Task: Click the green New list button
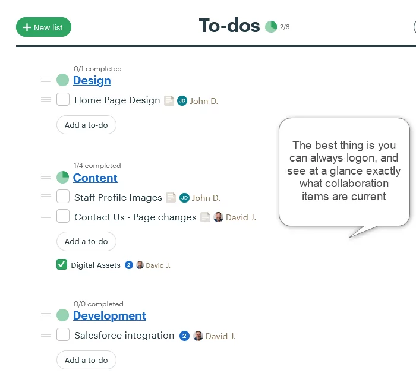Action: pyautogui.click(x=43, y=27)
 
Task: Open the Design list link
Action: pyautogui.click(x=92, y=80)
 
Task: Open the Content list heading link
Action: pyautogui.click(x=95, y=178)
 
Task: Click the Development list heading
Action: pyautogui.click(x=109, y=315)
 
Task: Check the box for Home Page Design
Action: pyautogui.click(x=63, y=99)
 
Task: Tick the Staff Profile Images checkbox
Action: pyautogui.click(x=63, y=196)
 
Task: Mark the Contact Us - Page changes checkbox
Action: pyautogui.click(x=63, y=216)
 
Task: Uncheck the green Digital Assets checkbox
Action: pyautogui.click(x=62, y=264)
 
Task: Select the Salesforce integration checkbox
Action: pyautogui.click(x=63, y=334)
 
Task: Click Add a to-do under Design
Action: pyautogui.click(x=86, y=125)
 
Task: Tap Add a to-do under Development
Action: pyautogui.click(x=86, y=360)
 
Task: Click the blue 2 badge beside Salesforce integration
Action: pyautogui.click(x=184, y=336)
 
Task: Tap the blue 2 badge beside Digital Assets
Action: pyautogui.click(x=129, y=265)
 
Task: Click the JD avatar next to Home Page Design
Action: pyautogui.click(x=182, y=100)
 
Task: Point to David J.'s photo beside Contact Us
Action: pyautogui.click(x=218, y=217)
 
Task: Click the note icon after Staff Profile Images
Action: pyautogui.click(x=171, y=197)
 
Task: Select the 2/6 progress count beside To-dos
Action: pyautogui.click(x=285, y=27)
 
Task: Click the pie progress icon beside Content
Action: pyautogui.click(x=62, y=177)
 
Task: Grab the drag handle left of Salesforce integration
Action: pyautogui.click(x=46, y=335)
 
